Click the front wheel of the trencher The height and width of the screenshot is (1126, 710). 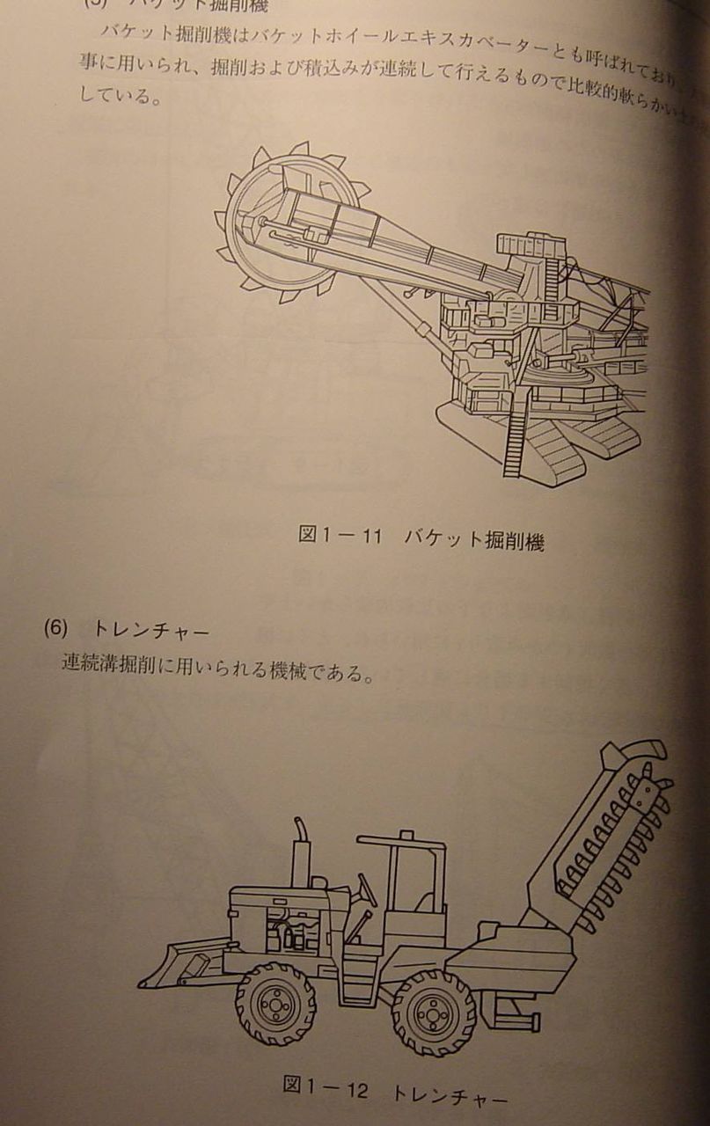(275, 1004)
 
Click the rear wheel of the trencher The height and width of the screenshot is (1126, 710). (433, 1012)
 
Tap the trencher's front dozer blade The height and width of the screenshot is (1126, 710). (180, 963)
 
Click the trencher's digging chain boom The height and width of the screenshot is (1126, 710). (607, 836)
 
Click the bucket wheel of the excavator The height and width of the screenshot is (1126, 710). (277, 224)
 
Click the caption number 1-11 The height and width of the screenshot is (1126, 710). (351, 536)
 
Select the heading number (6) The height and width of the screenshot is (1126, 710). (55, 629)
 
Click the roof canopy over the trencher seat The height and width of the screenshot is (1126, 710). (400, 841)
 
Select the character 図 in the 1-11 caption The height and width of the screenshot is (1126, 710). (307, 534)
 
